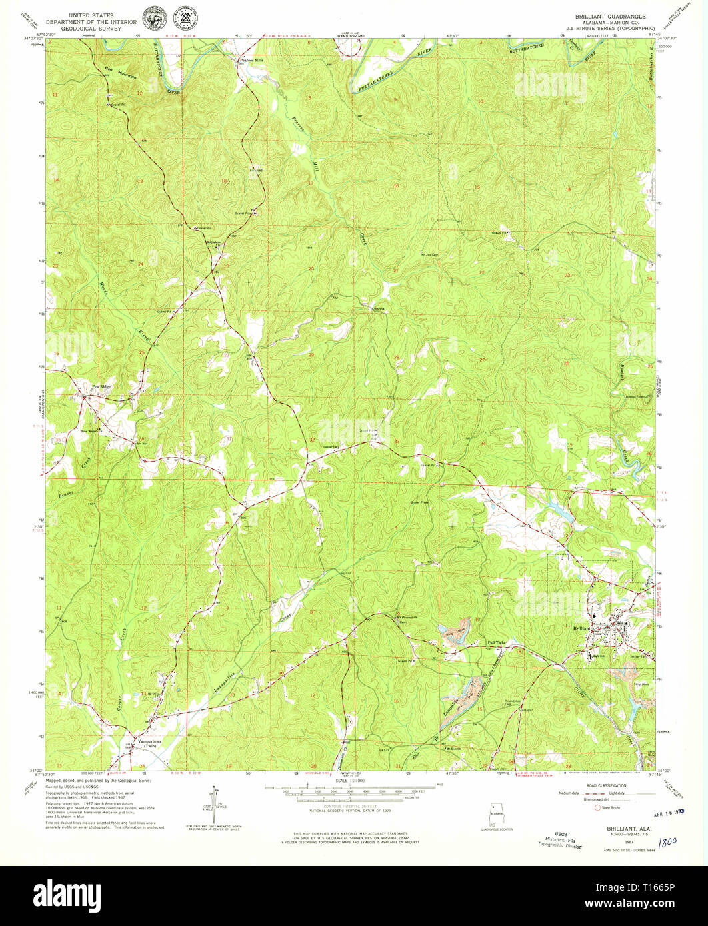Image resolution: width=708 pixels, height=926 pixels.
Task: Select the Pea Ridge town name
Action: point(101,387)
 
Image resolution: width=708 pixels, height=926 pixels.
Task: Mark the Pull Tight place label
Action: point(498,642)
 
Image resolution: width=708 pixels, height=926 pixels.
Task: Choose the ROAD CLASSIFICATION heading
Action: point(595,785)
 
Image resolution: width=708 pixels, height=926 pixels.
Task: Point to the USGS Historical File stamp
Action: point(559,841)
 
